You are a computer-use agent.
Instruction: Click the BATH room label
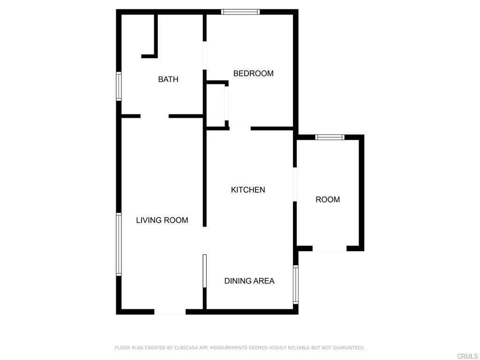168,79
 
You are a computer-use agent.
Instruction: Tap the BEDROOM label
253,73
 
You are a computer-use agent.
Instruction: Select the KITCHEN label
248,190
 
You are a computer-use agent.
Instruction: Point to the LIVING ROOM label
162,220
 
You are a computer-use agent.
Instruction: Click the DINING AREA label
249,281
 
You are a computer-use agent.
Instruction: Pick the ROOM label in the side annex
327,199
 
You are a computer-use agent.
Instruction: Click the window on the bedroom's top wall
240,12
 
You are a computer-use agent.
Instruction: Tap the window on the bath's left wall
119,86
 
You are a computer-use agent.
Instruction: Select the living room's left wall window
119,244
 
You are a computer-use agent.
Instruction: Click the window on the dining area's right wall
295,285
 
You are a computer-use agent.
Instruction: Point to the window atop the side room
330,137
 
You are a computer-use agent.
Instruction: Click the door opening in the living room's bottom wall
170,312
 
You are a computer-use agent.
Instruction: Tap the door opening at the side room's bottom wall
329,248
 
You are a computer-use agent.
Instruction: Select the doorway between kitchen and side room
295,184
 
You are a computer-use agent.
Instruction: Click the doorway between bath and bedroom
205,56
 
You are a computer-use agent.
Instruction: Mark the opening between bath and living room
154,116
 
